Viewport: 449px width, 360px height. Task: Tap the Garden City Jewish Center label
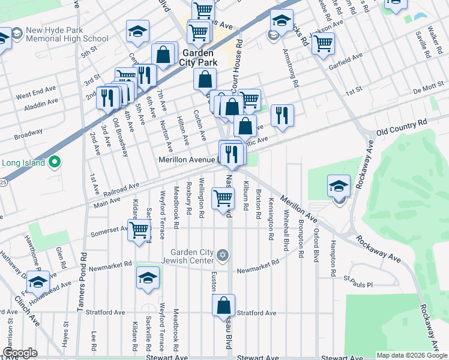pos(192,256)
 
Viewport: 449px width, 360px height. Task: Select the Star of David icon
pos(223,256)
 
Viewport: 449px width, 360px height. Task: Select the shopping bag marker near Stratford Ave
pos(223,306)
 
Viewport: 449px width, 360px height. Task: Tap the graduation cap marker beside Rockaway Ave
pos(339,186)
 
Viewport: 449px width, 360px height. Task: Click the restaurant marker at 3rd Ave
pos(108,97)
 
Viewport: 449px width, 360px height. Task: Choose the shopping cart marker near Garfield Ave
pos(323,43)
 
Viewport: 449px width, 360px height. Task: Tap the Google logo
pos(21,353)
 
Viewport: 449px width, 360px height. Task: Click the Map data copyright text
pos(412,355)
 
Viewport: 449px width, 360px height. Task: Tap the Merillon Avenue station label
pos(187,160)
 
